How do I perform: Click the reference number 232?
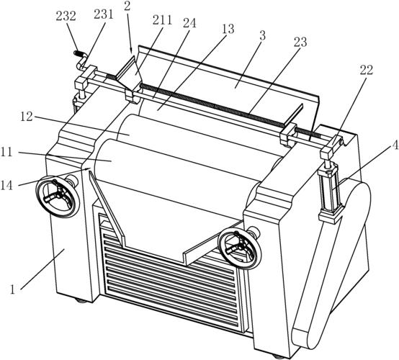pyautogui.click(x=66, y=17)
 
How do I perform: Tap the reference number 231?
pyautogui.click(x=103, y=14)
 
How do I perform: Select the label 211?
pyautogui.click(x=162, y=20)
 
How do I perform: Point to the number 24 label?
pyautogui.click(x=189, y=23)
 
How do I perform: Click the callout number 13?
pyautogui.click(x=228, y=30)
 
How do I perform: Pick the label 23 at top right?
pyautogui.click(x=300, y=42)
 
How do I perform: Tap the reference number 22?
pyautogui.click(x=366, y=70)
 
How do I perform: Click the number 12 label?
pyautogui.click(x=27, y=117)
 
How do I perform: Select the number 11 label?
pyautogui.click(x=6, y=153)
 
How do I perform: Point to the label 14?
pyautogui.click(x=6, y=185)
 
